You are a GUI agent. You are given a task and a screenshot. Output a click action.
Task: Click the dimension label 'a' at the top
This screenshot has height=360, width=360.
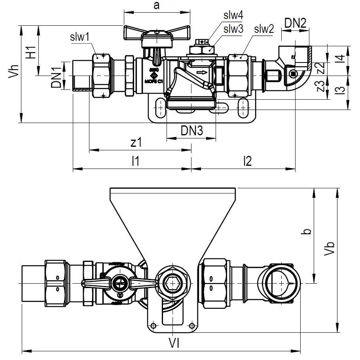[157, 6]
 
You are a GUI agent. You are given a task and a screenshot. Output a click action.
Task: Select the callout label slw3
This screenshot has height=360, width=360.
[233, 28]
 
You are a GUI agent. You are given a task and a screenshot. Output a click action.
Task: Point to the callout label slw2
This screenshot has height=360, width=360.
[264, 28]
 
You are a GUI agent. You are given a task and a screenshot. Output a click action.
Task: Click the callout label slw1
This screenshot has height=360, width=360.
[80, 37]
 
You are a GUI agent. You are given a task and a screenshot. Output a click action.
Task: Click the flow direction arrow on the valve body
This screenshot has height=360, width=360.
[202, 72]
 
